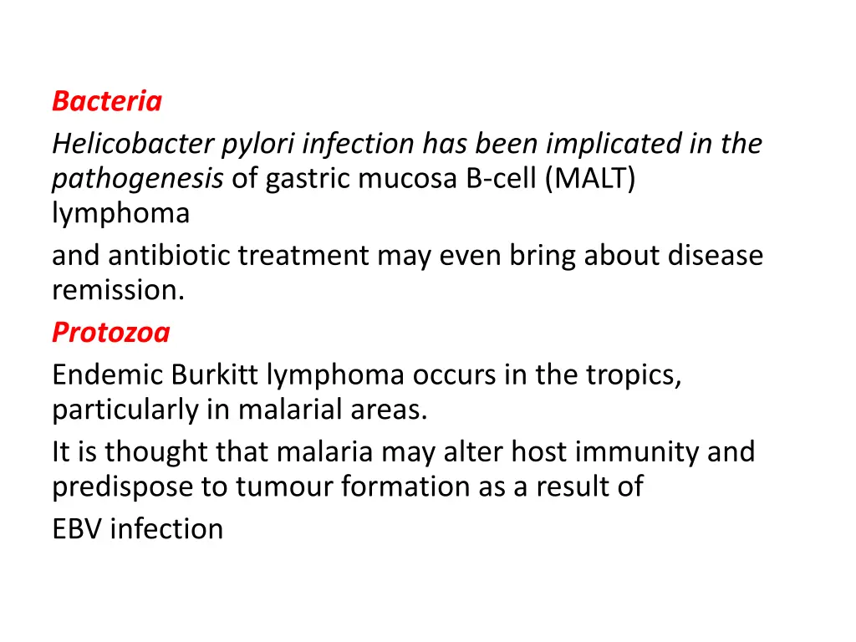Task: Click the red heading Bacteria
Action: point(106,101)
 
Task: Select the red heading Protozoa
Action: point(110,333)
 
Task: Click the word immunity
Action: point(639,451)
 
